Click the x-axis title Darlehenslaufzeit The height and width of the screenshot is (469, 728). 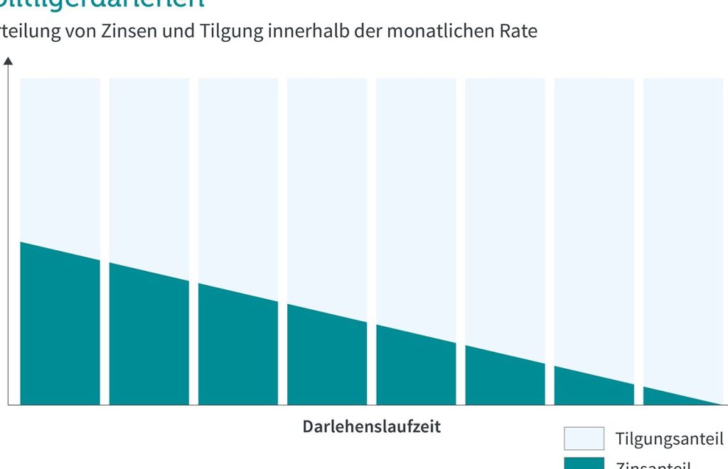click(x=372, y=427)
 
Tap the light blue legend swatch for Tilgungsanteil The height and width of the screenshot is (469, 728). click(x=584, y=438)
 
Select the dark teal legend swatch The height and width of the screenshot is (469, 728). click(x=584, y=463)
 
